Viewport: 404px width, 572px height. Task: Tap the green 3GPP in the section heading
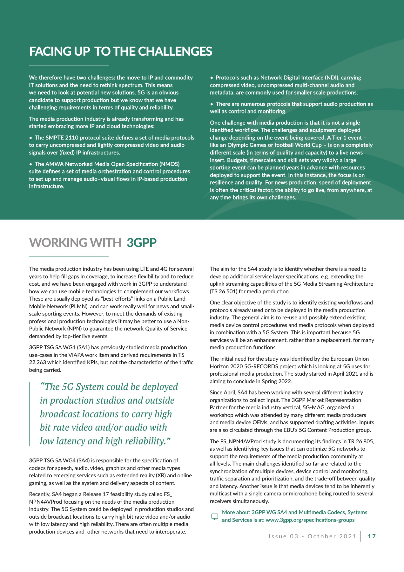coord(142,242)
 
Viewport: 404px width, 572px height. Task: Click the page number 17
coord(372,536)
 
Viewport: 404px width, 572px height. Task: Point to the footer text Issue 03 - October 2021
coord(313,536)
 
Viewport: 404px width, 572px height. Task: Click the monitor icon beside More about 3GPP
coord(215,517)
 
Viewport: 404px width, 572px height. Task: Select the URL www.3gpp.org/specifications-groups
coord(310,520)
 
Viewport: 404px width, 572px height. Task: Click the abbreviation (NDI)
coord(330,78)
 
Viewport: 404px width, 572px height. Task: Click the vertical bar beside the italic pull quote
coord(30,414)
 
